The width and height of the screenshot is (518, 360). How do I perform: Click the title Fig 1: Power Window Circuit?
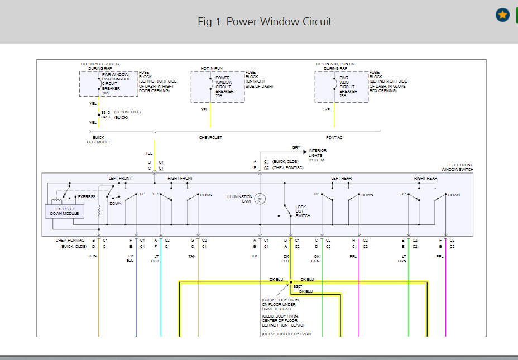pos(265,22)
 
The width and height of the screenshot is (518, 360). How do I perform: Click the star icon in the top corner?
pos(502,15)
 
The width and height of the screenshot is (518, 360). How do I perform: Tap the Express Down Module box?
pos(65,211)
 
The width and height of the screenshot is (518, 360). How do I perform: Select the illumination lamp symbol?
pos(260,199)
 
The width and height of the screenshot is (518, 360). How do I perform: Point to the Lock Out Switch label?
pos(303,211)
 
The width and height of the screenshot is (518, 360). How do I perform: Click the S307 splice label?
pos(298,286)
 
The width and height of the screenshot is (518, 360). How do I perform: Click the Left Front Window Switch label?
pos(461,167)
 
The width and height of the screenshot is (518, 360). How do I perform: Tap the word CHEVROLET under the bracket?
pos(210,137)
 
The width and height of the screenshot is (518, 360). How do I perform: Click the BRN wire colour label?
pos(93,256)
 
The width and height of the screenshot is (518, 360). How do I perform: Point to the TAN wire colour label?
pos(191,256)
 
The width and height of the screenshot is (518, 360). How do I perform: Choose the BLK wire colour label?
pos(254,256)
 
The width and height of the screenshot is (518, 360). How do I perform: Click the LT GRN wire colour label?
pos(402,258)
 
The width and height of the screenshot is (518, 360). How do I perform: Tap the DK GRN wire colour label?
pos(316,258)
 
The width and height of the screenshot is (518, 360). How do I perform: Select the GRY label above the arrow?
pos(296,148)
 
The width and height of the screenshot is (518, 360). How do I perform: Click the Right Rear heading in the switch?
pos(425,178)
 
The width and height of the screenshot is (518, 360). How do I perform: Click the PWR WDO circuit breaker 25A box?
pos(341,87)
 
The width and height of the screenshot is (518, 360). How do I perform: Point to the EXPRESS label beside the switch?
pos(87,196)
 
